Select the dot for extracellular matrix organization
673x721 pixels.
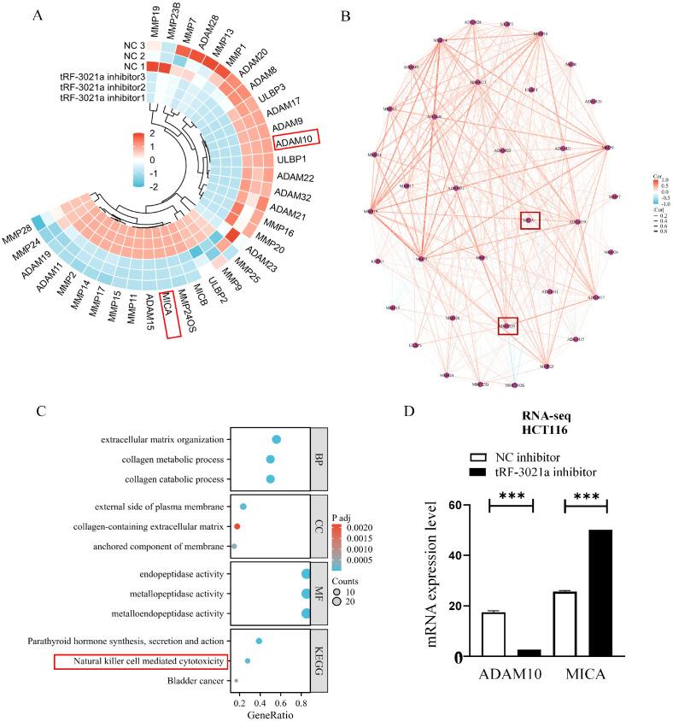277,439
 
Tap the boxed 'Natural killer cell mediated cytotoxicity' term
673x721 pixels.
141,661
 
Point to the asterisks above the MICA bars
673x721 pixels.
585,496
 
